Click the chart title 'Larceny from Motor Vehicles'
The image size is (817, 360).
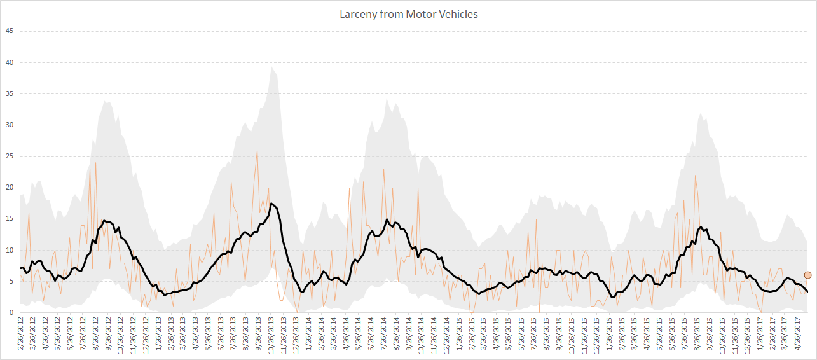tap(408, 14)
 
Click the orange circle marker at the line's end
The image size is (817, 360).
tap(808, 275)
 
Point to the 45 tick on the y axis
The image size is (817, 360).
tap(9, 31)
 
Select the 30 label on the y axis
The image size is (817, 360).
tap(9, 125)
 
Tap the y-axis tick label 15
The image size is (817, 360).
tap(9, 219)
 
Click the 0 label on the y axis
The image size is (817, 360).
tap(11, 312)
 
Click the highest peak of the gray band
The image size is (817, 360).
tap(272, 67)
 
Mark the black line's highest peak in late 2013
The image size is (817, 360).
tap(271, 204)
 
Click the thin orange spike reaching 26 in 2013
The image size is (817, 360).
tap(257, 151)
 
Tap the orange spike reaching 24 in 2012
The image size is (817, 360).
tap(96, 163)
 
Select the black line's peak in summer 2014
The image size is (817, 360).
tap(387, 219)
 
